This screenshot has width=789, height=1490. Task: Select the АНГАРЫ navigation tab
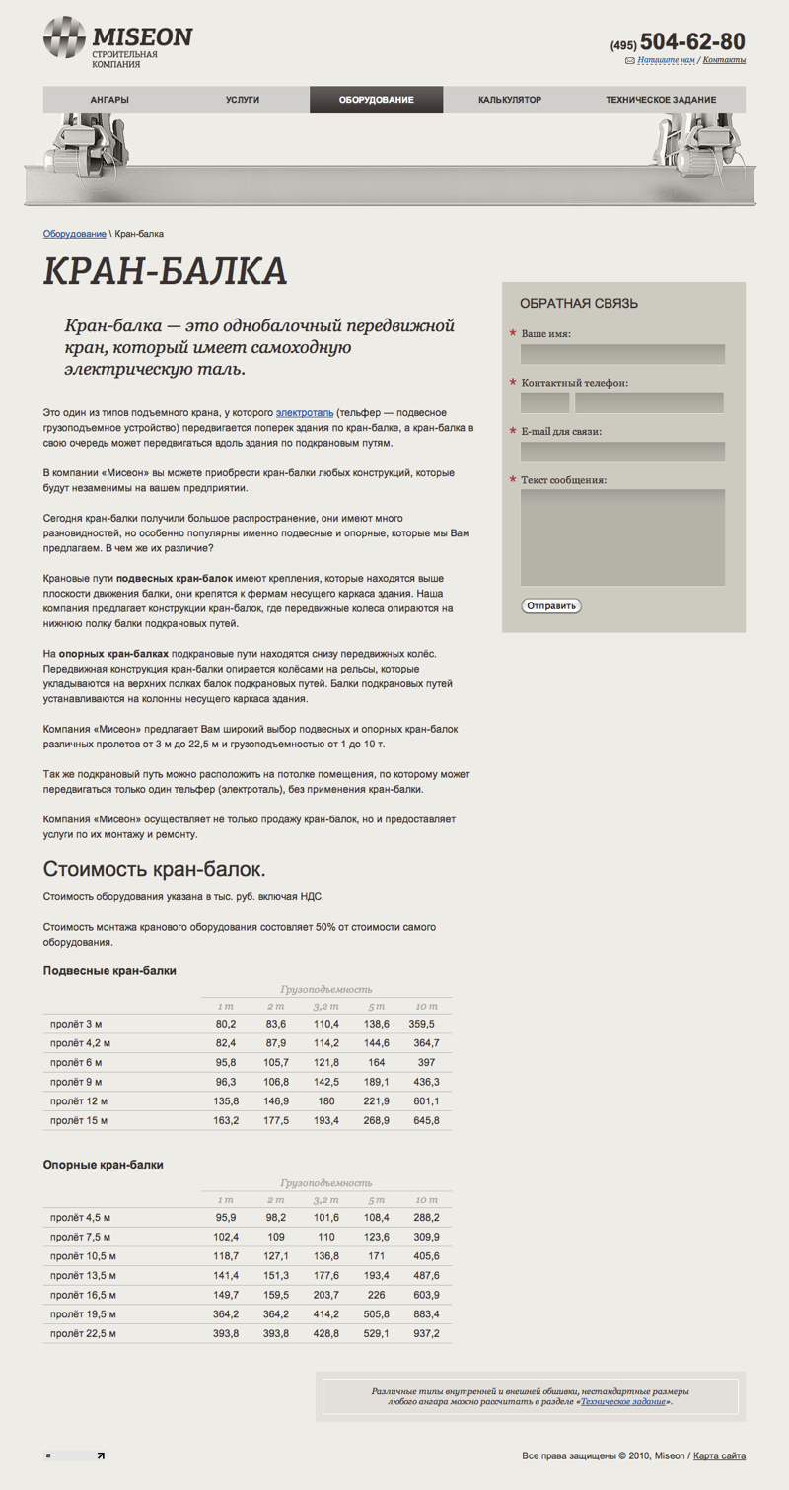click(109, 100)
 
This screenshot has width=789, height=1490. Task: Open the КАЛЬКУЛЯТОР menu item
click(510, 100)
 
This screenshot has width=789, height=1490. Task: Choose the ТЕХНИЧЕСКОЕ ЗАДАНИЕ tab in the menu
click(661, 100)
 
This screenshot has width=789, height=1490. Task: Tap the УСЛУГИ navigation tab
click(243, 100)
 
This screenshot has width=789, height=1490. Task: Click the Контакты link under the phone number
click(724, 60)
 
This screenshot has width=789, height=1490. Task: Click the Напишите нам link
click(667, 60)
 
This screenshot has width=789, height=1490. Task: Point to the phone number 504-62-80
click(692, 41)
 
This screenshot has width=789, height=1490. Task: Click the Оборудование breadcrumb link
click(74, 234)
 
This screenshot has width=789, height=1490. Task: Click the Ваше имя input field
click(622, 354)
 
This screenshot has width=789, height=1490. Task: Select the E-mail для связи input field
click(622, 452)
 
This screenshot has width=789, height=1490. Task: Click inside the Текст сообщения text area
click(622, 537)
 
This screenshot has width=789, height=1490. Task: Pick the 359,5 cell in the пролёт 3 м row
click(421, 1025)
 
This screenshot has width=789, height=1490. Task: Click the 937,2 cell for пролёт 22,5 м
click(427, 1333)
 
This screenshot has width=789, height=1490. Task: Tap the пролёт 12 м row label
click(79, 1100)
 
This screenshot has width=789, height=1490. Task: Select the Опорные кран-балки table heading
click(103, 1165)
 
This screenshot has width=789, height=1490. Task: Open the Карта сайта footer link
click(720, 1455)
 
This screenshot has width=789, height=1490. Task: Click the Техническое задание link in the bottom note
click(623, 1400)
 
